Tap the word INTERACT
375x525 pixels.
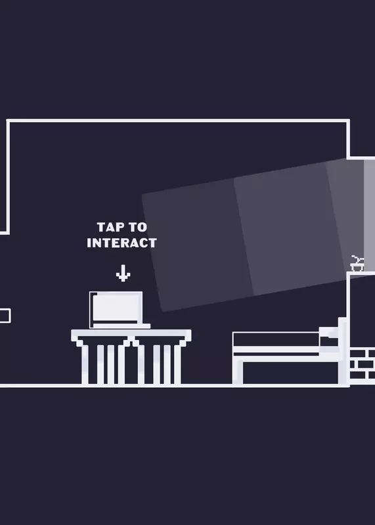tap(121, 243)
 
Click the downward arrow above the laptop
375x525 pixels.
tap(123, 273)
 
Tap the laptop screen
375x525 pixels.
tap(116, 307)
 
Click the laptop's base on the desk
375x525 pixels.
tap(121, 325)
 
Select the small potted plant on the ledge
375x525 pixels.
tap(357, 264)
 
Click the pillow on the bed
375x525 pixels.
tap(329, 333)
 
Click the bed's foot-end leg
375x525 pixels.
tap(238, 371)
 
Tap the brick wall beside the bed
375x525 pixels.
tap(362, 364)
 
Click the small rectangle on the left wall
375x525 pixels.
tap(5, 316)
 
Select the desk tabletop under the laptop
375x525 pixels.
tap(131, 333)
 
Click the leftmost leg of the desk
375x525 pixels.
tap(85, 365)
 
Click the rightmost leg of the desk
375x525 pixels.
tap(177, 365)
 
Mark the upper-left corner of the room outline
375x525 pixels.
tap(8, 121)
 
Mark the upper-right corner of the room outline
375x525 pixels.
tap(348, 121)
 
